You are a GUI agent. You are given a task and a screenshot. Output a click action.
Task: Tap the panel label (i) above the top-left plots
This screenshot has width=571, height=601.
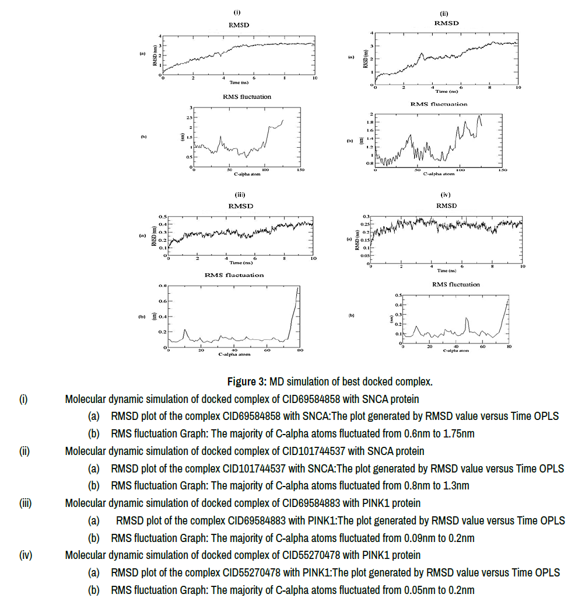[237, 12]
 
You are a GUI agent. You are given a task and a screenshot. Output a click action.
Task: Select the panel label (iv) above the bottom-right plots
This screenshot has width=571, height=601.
[446, 194]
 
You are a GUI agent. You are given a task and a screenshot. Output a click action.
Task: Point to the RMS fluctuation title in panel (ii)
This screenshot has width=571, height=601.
[439, 104]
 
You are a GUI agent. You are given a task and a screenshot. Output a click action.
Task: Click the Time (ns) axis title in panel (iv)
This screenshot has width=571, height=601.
[447, 270]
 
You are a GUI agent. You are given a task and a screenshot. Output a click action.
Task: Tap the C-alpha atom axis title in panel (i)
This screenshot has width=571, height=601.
[247, 173]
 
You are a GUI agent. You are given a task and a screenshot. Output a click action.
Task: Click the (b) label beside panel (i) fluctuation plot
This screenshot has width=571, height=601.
[143, 137]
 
